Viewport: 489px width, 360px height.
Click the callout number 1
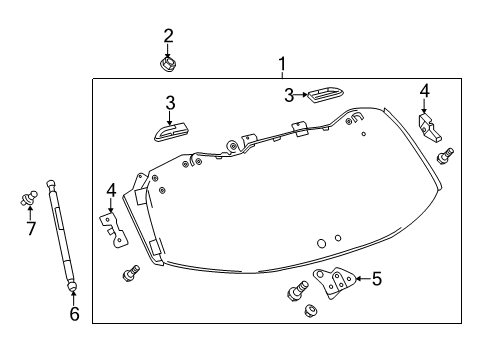click(x=282, y=64)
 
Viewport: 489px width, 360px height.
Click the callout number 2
click(x=168, y=36)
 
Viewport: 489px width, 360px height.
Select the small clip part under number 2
click(x=168, y=63)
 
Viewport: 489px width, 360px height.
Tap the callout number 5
click(x=376, y=279)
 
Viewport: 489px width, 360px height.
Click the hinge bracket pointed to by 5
click(x=333, y=282)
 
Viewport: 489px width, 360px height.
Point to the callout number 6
click(x=74, y=314)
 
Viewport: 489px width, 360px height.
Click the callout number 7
click(x=31, y=229)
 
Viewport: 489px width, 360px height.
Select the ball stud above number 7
click(x=28, y=198)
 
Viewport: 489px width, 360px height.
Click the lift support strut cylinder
click(x=61, y=236)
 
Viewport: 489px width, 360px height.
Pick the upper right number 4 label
click(x=424, y=91)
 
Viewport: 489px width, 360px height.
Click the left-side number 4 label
click(x=111, y=190)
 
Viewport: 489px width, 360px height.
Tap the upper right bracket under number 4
click(x=429, y=128)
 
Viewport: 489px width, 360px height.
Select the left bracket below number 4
click(x=114, y=230)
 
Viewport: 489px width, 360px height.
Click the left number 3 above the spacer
click(x=170, y=103)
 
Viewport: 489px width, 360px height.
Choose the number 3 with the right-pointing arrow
click(x=289, y=95)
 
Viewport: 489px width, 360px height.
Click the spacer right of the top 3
click(x=326, y=96)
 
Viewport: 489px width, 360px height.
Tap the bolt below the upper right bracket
click(x=445, y=156)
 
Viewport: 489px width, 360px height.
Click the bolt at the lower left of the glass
click(x=131, y=273)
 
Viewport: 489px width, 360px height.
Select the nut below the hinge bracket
click(x=310, y=310)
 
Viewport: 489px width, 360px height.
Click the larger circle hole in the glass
click(x=321, y=243)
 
